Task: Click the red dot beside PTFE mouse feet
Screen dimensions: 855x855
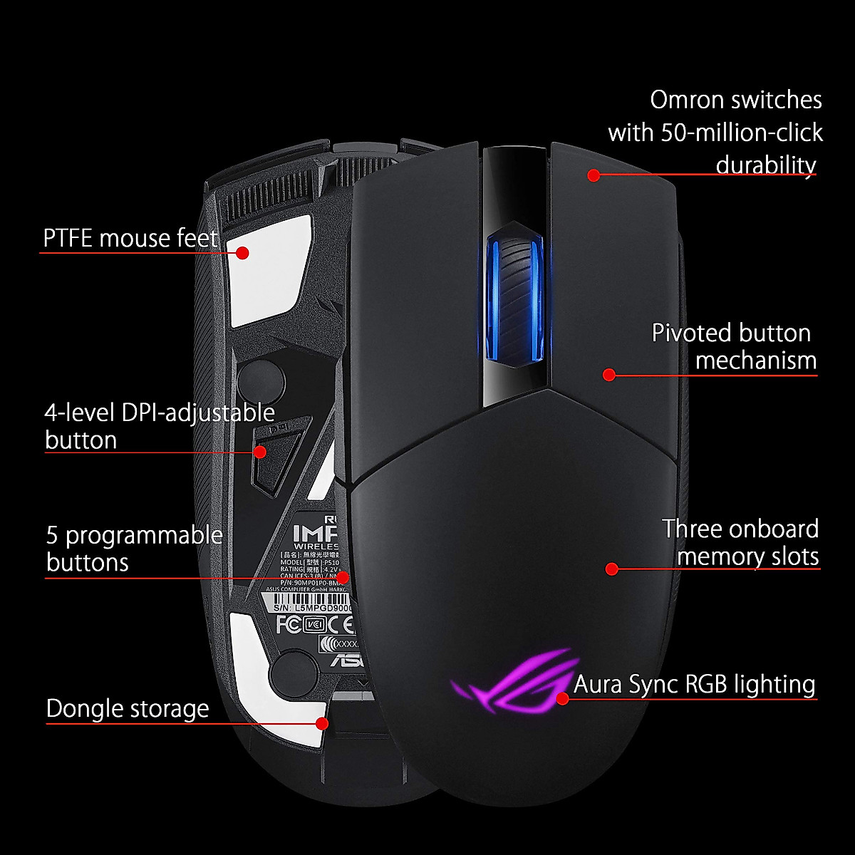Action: (x=242, y=252)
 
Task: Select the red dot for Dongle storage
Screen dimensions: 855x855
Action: (x=321, y=723)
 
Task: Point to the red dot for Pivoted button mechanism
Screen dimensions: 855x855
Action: (x=608, y=374)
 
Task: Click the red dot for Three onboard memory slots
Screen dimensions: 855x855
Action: (x=611, y=569)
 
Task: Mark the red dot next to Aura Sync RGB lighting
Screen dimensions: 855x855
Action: (x=562, y=698)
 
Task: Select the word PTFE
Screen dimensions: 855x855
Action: (x=68, y=238)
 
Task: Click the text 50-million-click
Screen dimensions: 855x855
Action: (x=742, y=133)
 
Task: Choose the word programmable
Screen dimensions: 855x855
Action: (x=144, y=535)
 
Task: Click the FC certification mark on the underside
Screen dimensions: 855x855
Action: (x=286, y=625)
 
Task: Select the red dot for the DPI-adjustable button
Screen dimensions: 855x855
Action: (x=260, y=452)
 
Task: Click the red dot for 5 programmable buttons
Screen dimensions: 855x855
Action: (x=343, y=576)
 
